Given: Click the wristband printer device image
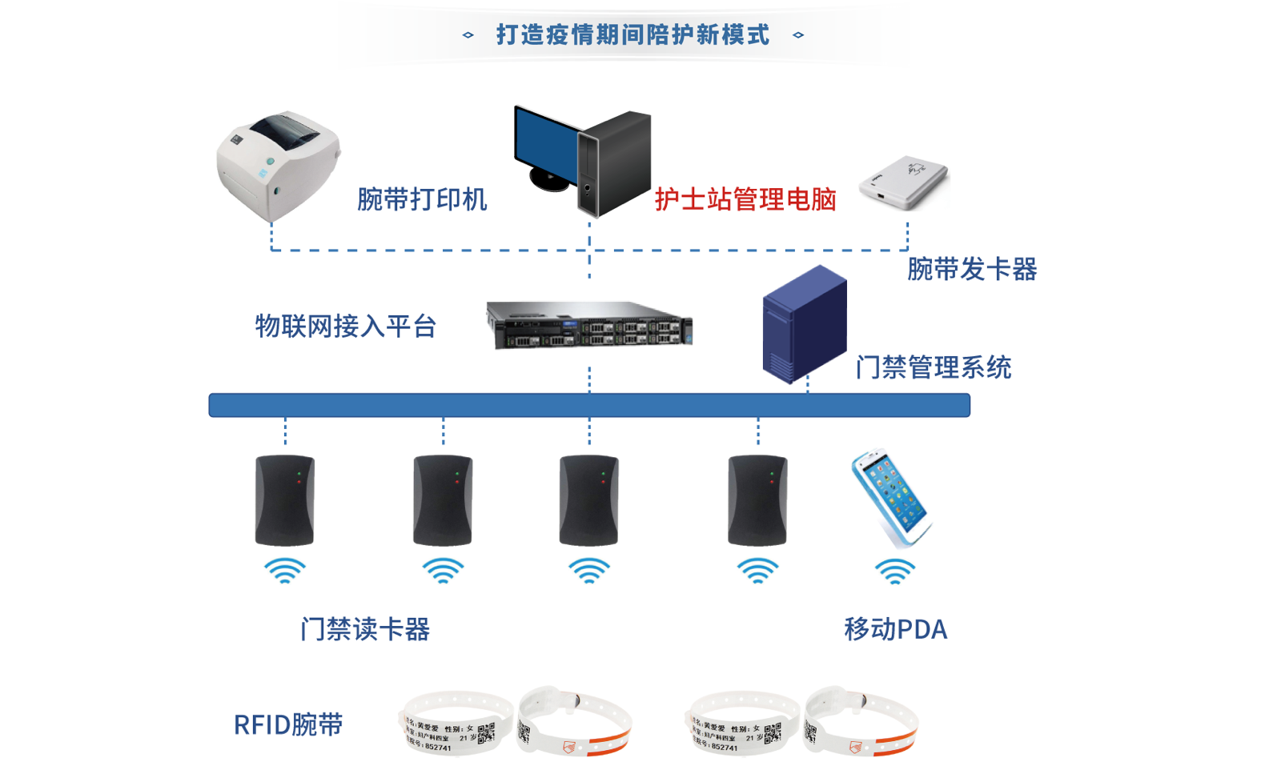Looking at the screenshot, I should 277,164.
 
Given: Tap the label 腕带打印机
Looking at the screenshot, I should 421,199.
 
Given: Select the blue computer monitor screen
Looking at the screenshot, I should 544,144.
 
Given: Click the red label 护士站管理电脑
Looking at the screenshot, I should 745,199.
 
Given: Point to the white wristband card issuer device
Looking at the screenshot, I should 904,182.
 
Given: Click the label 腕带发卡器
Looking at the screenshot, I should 971,269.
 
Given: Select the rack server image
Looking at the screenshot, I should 589,325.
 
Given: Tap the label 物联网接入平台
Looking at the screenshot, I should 345,326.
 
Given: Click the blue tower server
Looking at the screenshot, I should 804,324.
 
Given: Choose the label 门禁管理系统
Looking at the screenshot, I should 933,367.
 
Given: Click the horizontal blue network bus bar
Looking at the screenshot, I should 589,405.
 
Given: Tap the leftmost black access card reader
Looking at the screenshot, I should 284,500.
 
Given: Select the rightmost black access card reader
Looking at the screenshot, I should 757,500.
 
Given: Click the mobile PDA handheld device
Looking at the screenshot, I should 891,496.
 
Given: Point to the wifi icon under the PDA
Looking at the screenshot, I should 894,571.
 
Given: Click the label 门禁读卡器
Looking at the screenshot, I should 365,629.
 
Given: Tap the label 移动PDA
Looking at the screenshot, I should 895,629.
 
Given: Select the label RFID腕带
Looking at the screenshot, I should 288,724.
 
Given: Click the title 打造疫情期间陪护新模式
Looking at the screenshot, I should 632,34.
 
